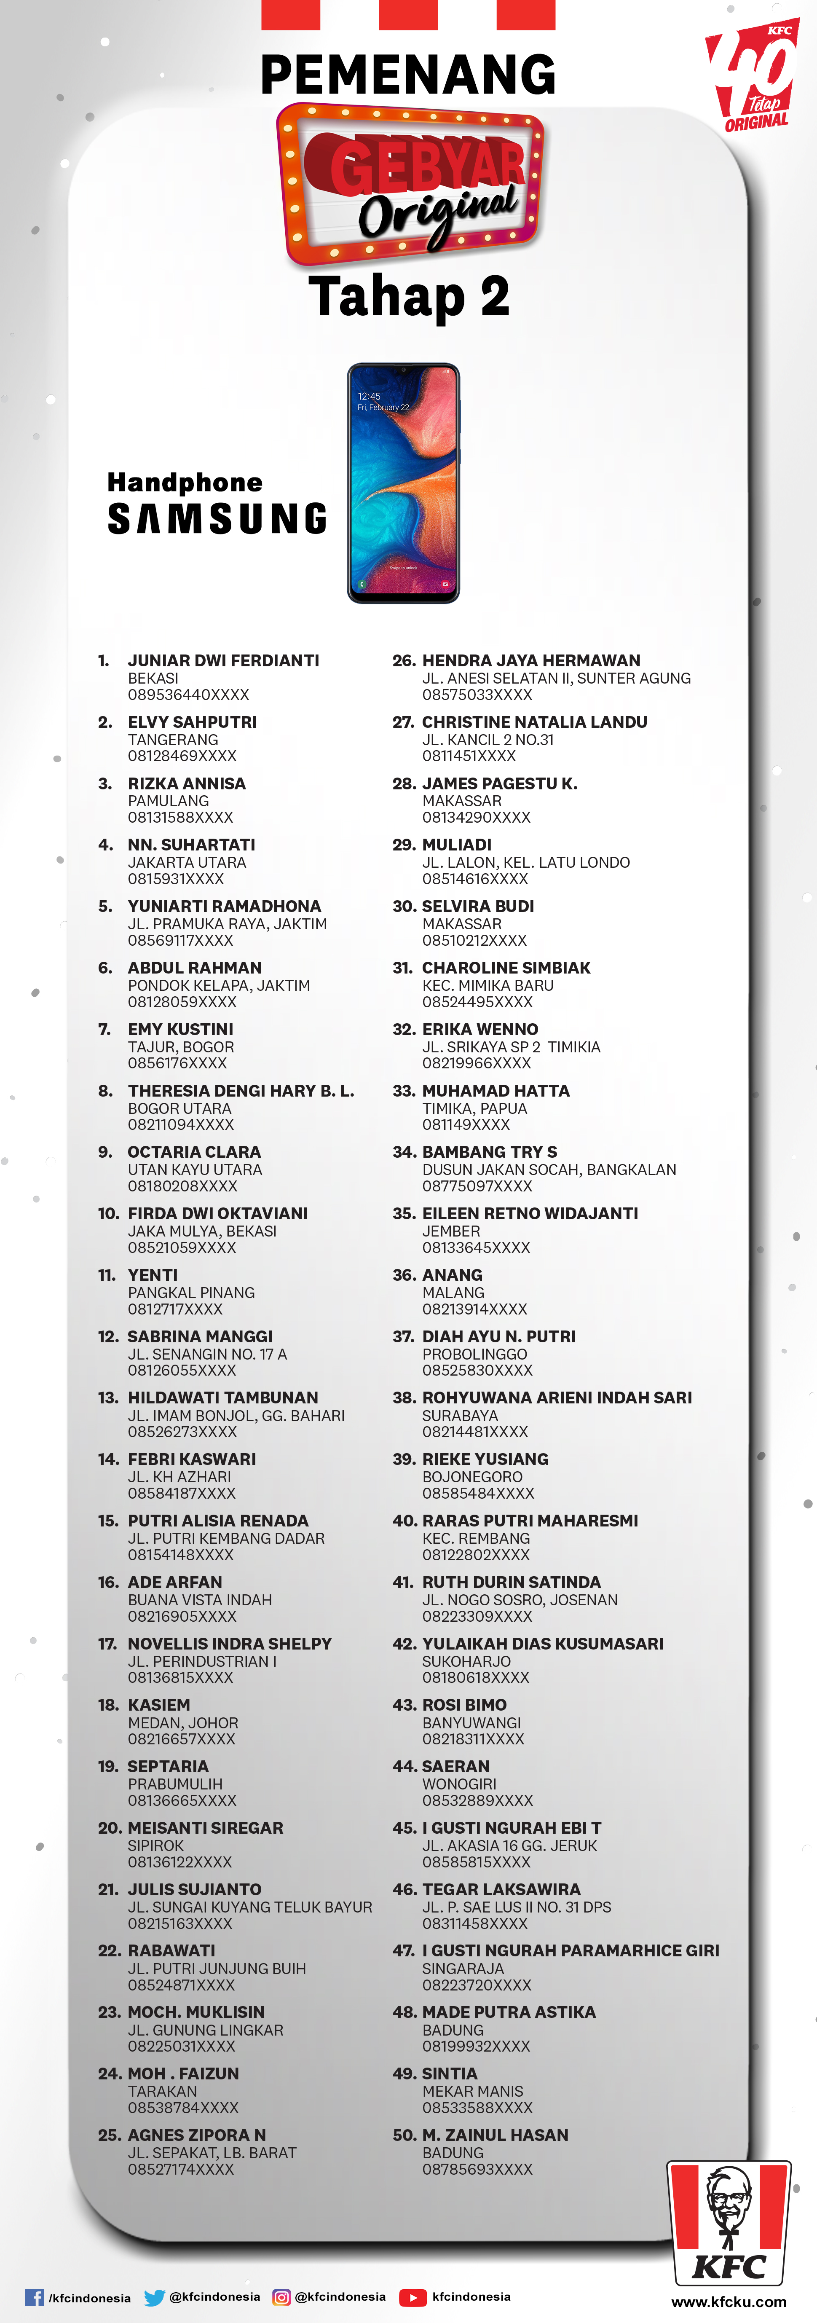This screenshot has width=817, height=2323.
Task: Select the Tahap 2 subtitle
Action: point(409,296)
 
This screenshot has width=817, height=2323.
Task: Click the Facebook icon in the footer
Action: point(34,2297)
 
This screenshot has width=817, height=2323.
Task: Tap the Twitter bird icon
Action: point(154,2297)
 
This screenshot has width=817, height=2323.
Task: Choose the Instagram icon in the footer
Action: point(281,2297)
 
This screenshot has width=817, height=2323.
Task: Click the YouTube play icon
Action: point(413,2297)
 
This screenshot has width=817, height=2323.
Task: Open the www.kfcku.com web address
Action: point(729,2302)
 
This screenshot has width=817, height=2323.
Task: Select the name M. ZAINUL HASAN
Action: point(495,2135)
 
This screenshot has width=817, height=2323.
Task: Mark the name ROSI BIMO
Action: point(464,1704)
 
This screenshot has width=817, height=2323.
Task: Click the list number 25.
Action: point(108,2135)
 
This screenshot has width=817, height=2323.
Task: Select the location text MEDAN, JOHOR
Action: point(183,1722)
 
